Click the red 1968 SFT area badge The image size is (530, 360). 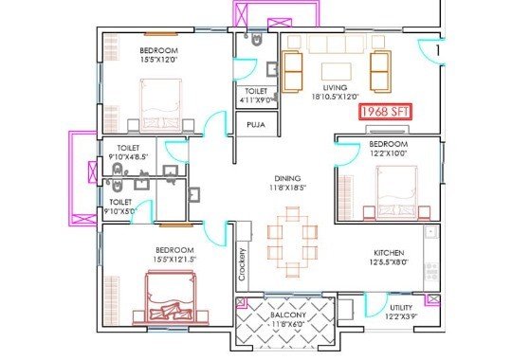click(x=385, y=112)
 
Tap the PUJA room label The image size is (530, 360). click(x=256, y=125)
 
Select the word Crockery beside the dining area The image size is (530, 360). click(x=242, y=264)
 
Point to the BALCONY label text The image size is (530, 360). click(x=288, y=315)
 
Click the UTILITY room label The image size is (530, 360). click(x=401, y=308)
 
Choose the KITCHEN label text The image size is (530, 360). click(x=389, y=253)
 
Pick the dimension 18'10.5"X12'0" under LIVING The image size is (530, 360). click(x=335, y=97)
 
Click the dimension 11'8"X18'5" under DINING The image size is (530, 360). click(x=287, y=188)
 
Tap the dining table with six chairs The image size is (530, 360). click(x=292, y=242)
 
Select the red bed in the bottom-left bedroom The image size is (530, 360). click(x=171, y=297)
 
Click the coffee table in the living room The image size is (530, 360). click(x=337, y=71)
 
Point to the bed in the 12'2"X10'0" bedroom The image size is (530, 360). click(x=396, y=191)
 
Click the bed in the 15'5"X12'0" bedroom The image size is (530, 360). click(x=161, y=105)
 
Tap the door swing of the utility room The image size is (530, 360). click(x=375, y=305)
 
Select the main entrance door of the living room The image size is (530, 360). click(x=431, y=51)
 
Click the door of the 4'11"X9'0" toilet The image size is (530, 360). click(x=245, y=69)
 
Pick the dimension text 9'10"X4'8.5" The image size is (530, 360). click(x=128, y=157)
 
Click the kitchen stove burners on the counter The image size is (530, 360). click(x=431, y=271)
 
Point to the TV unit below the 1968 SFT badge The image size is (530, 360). click(x=388, y=130)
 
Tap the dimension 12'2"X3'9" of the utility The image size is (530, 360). click(x=401, y=316)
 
